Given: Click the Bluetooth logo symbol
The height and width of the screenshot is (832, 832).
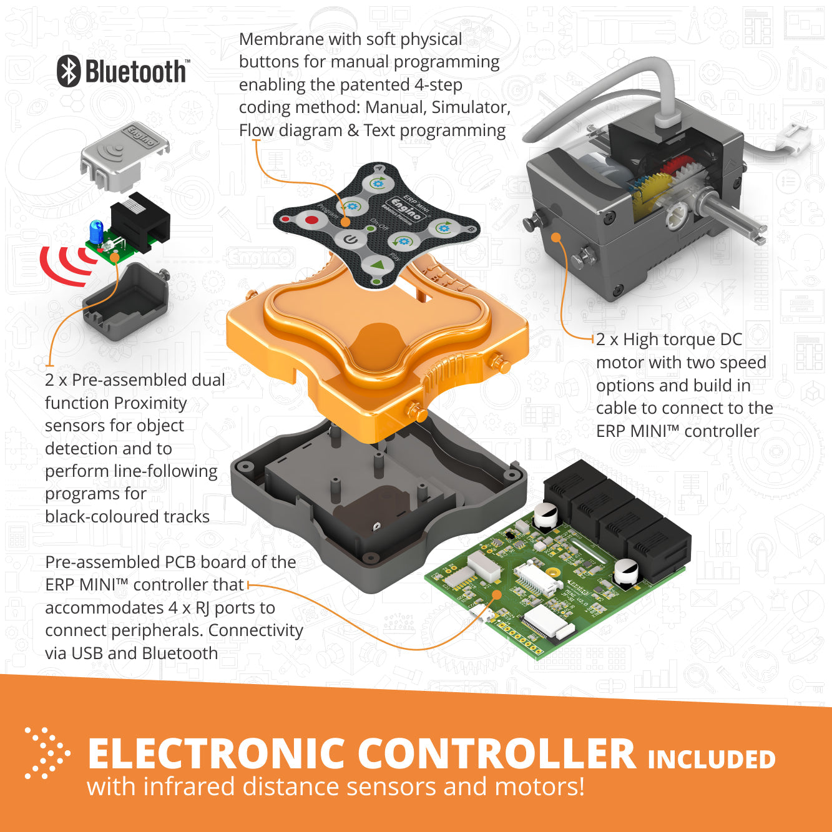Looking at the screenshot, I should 69,71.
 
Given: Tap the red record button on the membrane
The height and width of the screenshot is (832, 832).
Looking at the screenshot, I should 311,220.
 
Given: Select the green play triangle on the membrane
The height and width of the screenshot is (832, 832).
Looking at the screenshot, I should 377,265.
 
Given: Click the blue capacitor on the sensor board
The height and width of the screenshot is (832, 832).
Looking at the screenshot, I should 97,231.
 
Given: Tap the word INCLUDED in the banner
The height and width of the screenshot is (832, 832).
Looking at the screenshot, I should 712,760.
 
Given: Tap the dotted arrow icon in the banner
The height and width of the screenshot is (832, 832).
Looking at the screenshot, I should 46,752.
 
